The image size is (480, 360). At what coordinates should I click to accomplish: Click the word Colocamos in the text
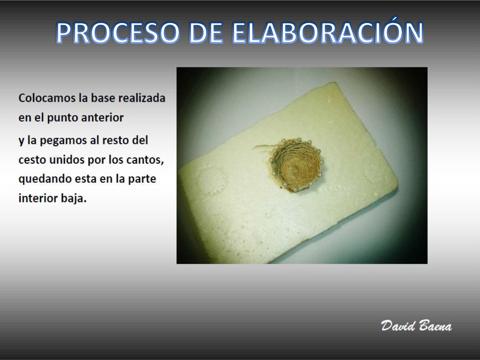pyautogui.click(x=47, y=98)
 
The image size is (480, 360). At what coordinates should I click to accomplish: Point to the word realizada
pyautogui.click(x=142, y=98)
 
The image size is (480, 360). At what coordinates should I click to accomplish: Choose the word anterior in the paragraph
pyautogui.click(x=102, y=117)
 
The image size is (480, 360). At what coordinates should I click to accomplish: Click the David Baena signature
pyautogui.click(x=416, y=326)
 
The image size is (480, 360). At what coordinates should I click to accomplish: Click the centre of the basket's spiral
pyautogui.click(x=296, y=170)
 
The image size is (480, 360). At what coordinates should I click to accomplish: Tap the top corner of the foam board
pyautogui.click(x=334, y=82)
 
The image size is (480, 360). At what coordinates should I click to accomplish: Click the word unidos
pyautogui.click(x=67, y=159)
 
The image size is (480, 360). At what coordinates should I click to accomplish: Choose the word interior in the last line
pyautogui.click(x=38, y=198)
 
